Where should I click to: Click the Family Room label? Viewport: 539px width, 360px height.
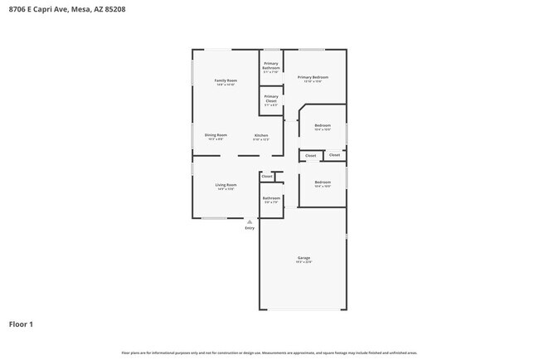pyautogui.click(x=226, y=80)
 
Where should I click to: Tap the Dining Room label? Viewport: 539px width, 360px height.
pyautogui.click(x=216, y=134)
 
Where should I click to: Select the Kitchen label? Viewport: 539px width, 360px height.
pyautogui.click(x=261, y=134)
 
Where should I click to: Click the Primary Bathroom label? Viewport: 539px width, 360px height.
pyautogui.click(x=271, y=66)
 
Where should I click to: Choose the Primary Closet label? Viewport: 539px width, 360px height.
pyautogui.click(x=271, y=99)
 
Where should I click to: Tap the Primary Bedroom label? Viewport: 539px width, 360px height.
pyautogui.click(x=313, y=77)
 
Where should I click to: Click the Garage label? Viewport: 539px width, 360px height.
pyautogui.click(x=303, y=258)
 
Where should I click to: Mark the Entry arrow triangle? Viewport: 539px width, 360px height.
pyautogui.click(x=250, y=221)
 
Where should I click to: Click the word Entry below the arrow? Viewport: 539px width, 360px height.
pyautogui.click(x=250, y=228)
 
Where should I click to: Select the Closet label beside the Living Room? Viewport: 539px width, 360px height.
pyautogui.click(x=267, y=176)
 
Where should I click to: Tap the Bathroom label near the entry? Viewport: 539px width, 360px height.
pyautogui.click(x=271, y=197)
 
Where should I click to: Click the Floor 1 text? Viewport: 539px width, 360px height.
pyautogui.click(x=21, y=324)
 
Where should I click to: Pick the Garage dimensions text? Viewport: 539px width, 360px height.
pyautogui.click(x=303, y=262)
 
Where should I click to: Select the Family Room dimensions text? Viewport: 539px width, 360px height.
pyautogui.click(x=226, y=85)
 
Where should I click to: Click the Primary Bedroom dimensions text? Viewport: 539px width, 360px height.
pyautogui.click(x=313, y=81)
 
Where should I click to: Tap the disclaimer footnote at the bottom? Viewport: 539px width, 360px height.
pyautogui.click(x=269, y=353)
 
